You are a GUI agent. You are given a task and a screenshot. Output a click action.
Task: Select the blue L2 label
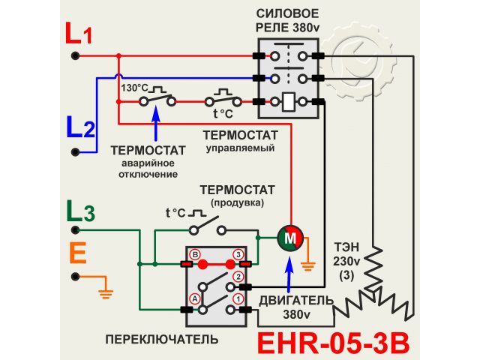tap(80, 128)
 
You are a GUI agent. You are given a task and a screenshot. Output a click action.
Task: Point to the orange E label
tap(78, 253)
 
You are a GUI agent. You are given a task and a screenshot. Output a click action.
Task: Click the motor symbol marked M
tap(289, 238)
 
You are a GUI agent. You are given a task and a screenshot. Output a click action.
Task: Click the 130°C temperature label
tap(133, 88)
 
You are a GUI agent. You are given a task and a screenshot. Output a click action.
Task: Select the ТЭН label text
tap(346, 248)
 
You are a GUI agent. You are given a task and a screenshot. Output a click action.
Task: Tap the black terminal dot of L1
tap(75, 55)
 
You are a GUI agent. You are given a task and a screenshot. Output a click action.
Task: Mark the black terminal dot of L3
tap(75, 229)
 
